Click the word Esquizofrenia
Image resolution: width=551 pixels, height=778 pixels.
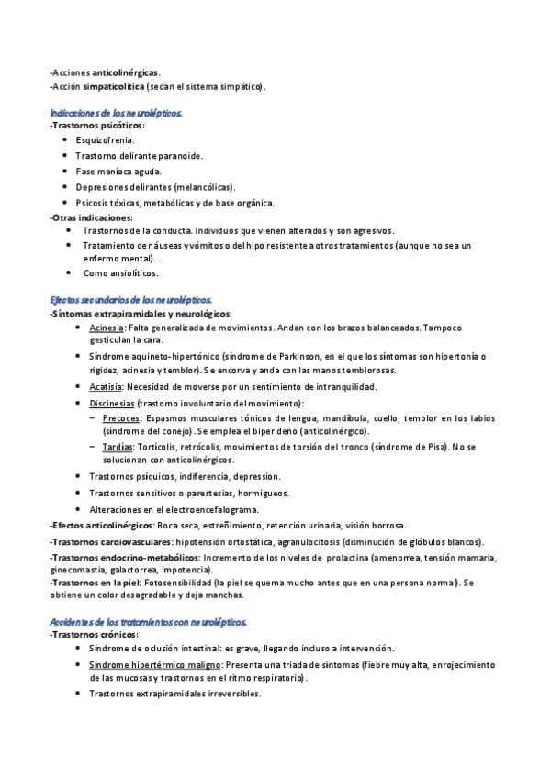click(x=105, y=140)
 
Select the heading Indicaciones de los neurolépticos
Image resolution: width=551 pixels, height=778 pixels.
click(x=116, y=112)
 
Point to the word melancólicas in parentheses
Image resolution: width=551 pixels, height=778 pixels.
click(x=203, y=187)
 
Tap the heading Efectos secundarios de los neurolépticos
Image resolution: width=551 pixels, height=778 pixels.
click(x=131, y=300)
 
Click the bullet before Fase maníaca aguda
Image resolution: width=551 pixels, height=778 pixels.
click(x=64, y=172)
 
